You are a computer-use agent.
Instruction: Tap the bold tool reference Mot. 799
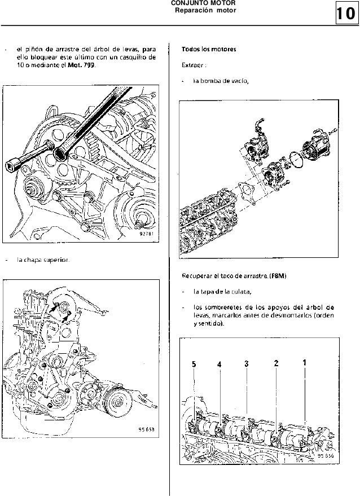(82, 65)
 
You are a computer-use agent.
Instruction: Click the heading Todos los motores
(209, 49)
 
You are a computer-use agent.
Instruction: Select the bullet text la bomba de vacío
(221, 80)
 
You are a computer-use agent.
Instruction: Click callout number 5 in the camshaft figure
(194, 365)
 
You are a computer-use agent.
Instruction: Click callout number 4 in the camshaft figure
(219, 365)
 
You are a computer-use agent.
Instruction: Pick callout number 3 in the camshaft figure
(247, 363)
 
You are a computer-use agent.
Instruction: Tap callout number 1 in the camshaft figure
(305, 362)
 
